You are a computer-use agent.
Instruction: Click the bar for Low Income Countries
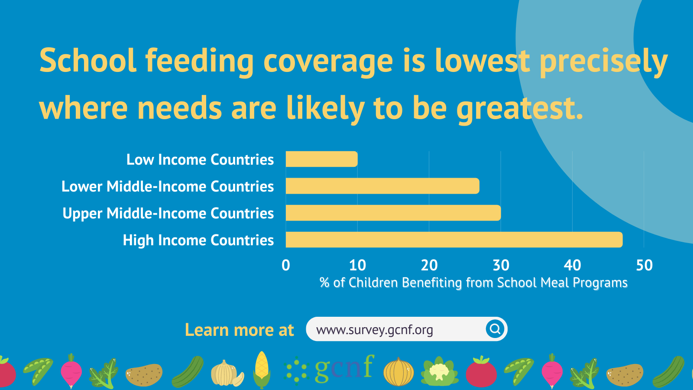pyautogui.click(x=322, y=159)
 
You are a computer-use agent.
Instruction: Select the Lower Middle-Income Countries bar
pyautogui.click(x=383, y=186)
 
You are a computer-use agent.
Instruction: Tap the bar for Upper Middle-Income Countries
pyautogui.click(x=393, y=213)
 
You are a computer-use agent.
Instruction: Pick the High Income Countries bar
pyautogui.click(x=454, y=240)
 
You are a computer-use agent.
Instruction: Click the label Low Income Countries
pyautogui.click(x=200, y=160)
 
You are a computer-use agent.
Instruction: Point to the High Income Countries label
pyautogui.click(x=198, y=240)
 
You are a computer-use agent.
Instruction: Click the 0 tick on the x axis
pyautogui.click(x=286, y=265)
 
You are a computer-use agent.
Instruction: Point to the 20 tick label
pyautogui.click(x=429, y=265)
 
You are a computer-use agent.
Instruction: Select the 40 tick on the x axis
pyautogui.click(x=572, y=265)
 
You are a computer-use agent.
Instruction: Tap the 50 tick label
pyautogui.click(x=644, y=265)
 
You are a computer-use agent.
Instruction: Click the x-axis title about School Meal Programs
pyautogui.click(x=473, y=283)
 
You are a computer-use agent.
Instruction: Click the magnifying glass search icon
pyautogui.click(x=495, y=329)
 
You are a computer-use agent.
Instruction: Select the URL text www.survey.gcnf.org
pyautogui.click(x=374, y=330)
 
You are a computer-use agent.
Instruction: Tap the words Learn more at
pyautogui.click(x=239, y=330)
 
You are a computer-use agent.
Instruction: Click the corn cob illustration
pyautogui.click(x=262, y=370)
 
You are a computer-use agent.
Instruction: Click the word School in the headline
pyautogui.click(x=87, y=60)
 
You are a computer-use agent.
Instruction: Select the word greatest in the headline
pyautogui.click(x=520, y=109)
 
